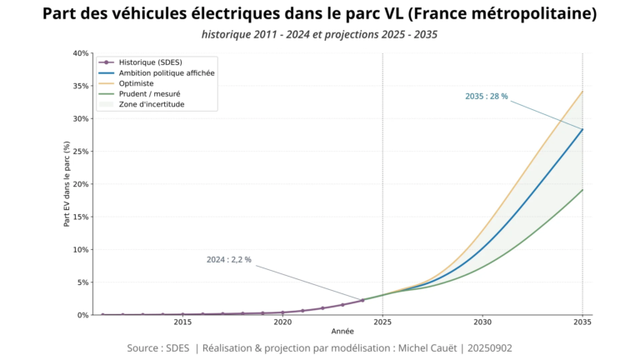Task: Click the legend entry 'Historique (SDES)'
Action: click(x=150, y=62)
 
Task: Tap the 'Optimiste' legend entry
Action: click(x=137, y=84)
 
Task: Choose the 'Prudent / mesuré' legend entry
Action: click(x=147, y=94)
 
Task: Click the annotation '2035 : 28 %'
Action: click(x=486, y=97)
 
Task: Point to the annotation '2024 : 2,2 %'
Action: click(x=228, y=260)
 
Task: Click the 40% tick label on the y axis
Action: click(x=81, y=53)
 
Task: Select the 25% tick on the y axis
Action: click(x=81, y=152)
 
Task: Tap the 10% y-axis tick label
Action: click(x=81, y=250)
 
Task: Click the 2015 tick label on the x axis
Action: click(x=182, y=322)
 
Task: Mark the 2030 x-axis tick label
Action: click(x=482, y=322)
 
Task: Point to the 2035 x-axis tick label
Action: click(x=582, y=322)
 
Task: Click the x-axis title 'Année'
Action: click(x=342, y=332)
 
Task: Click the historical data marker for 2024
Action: click(x=362, y=300)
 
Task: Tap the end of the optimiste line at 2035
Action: click(x=582, y=91)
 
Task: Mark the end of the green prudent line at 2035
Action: click(x=582, y=190)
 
